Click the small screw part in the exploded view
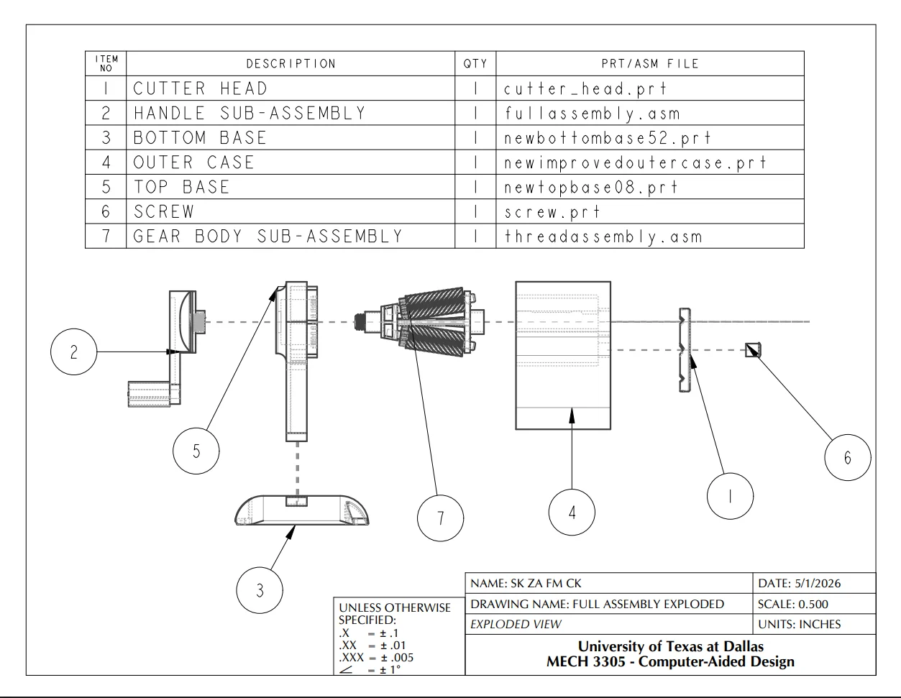(x=753, y=350)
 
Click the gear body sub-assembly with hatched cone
(x=419, y=321)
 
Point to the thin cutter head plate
(x=685, y=350)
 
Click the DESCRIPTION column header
(x=291, y=64)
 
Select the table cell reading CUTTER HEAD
(x=201, y=88)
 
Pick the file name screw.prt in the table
(x=552, y=212)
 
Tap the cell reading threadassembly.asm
(x=603, y=237)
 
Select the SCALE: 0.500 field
(x=793, y=604)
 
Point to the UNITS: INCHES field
(x=799, y=624)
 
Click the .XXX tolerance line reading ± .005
(x=376, y=657)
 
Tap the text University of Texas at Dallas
(x=670, y=646)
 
